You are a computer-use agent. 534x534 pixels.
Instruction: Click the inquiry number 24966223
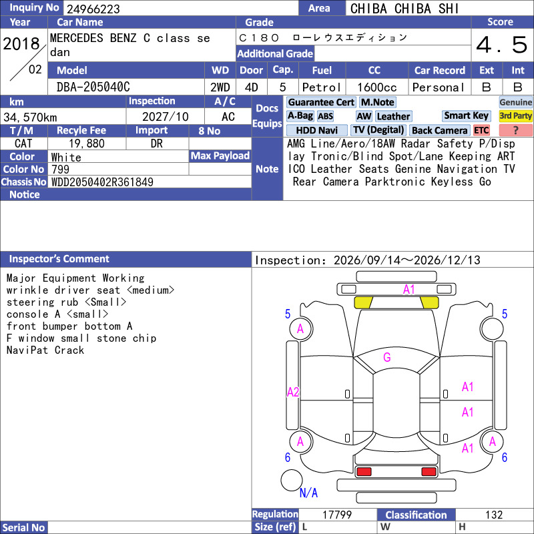click(x=93, y=9)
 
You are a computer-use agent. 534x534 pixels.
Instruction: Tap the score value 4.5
click(x=502, y=45)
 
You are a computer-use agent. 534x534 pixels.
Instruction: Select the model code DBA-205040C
click(x=93, y=87)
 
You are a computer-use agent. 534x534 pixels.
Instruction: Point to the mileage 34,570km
click(x=30, y=117)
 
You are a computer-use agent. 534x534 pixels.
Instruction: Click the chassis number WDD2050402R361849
click(x=102, y=182)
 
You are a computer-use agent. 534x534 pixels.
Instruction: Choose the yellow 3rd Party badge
click(x=515, y=115)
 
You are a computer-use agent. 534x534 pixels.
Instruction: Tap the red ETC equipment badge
click(x=481, y=130)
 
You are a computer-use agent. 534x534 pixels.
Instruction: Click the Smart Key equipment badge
click(x=467, y=115)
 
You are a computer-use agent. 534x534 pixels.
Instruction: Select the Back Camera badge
click(x=440, y=130)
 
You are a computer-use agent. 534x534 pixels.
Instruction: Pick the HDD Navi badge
click(x=316, y=130)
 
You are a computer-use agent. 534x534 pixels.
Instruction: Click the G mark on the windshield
click(x=387, y=357)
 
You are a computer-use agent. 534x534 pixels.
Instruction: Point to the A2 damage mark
click(x=293, y=392)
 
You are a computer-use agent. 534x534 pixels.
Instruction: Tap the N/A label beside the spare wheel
click(x=308, y=493)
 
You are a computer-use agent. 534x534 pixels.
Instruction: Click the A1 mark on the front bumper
click(x=409, y=290)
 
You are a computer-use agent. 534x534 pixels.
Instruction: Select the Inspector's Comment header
click(x=59, y=259)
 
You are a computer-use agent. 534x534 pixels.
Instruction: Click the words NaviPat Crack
click(x=45, y=350)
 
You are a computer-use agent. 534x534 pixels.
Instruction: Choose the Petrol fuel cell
click(x=322, y=87)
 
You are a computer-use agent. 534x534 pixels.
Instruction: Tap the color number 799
click(x=60, y=170)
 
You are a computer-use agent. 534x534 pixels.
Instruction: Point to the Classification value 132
click(x=494, y=515)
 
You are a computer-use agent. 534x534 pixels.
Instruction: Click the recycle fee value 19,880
click(x=87, y=144)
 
